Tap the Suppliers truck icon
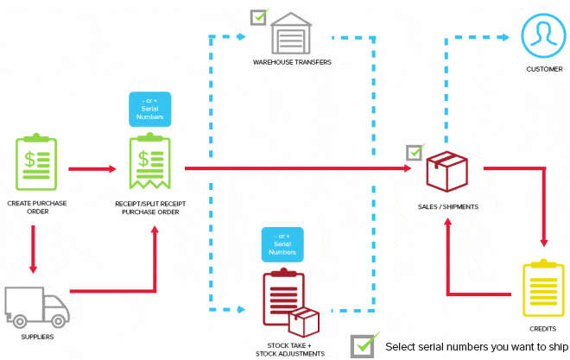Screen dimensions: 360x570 36,306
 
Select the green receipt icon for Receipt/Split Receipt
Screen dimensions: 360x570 149,162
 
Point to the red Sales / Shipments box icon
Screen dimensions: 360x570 446,171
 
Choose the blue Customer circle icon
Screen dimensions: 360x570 544,34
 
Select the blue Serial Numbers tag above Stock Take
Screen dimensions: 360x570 282,244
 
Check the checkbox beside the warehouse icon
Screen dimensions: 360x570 258,16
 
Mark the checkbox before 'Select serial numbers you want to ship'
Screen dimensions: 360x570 363,345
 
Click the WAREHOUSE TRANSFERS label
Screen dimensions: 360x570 292,63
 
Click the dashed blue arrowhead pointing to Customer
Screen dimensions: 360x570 504,36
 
